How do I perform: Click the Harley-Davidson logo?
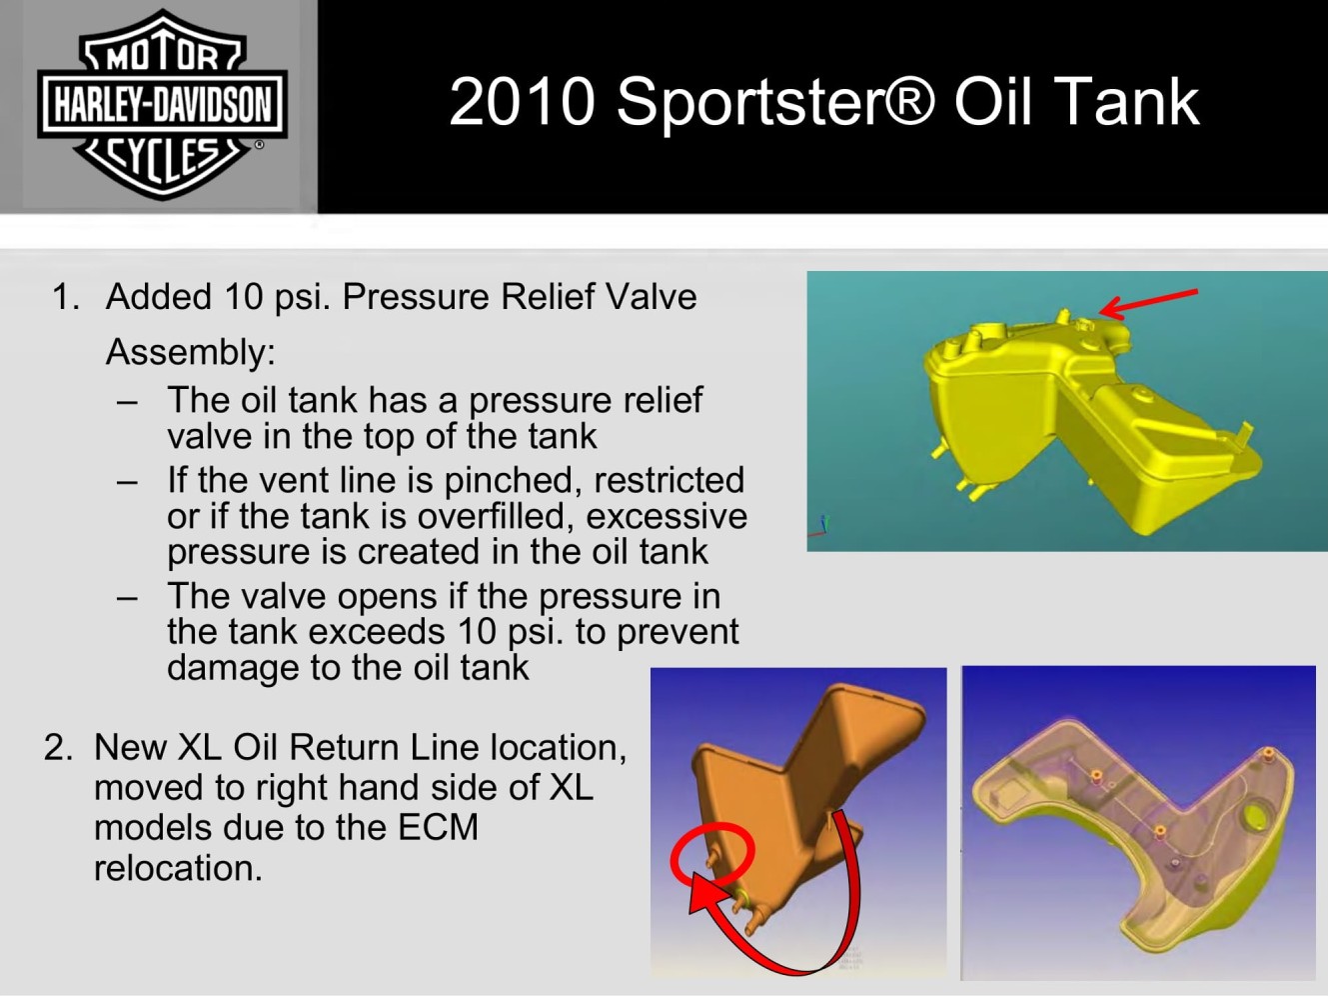click(x=162, y=104)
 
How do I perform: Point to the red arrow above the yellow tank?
click(x=1148, y=303)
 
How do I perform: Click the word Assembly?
click(x=191, y=351)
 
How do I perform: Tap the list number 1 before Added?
click(x=65, y=297)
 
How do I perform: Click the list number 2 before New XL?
click(x=59, y=747)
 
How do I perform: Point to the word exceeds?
click(x=378, y=632)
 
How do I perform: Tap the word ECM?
click(x=438, y=827)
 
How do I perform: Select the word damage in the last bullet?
click(x=233, y=668)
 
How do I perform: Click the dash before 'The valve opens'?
click(x=127, y=599)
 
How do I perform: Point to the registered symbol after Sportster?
click(x=912, y=101)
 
